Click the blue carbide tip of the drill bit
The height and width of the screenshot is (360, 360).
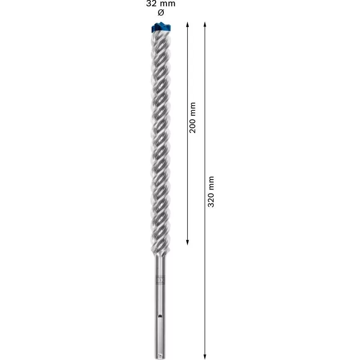click(x=160, y=27)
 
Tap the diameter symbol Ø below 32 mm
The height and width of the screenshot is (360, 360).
click(x=161, y=12)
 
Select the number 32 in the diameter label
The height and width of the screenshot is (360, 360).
click(x=152, y=4)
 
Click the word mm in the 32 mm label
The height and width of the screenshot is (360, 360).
click(x=168, y=4)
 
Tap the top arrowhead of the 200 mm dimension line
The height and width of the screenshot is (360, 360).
click(x=188, y=24)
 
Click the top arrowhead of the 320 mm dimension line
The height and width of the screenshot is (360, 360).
click(x=205, y=24)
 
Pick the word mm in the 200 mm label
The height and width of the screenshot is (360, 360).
click(x=193, y=108)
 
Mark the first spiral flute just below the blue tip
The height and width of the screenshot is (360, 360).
click(x=160, y=40)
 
